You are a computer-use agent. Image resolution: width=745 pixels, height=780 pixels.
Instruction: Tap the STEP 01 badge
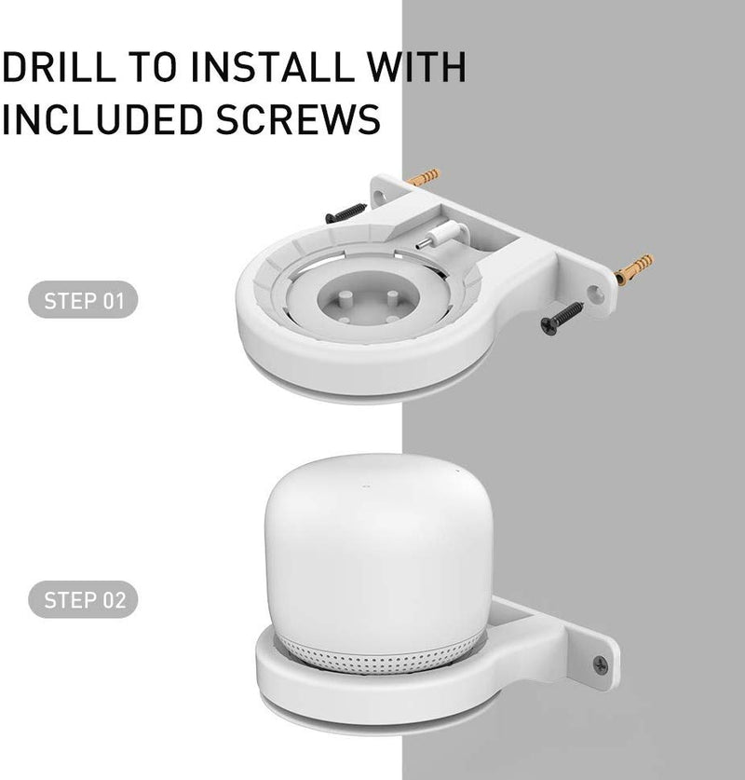click(x=83, y=300)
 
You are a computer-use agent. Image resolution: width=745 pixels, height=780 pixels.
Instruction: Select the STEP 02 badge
click(x=83, y=599)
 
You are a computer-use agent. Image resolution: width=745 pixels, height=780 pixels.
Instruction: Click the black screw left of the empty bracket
click(x=345, y=212)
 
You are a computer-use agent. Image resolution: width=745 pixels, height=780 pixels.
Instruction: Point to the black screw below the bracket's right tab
click(x=562, y=318)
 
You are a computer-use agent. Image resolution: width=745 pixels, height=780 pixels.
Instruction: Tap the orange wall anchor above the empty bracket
click(x=424, y=176)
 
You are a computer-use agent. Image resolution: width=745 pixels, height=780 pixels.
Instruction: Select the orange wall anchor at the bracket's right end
click(x=633, y=269)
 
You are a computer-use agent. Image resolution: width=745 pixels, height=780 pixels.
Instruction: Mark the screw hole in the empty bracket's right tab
click(x=595, y=296)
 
